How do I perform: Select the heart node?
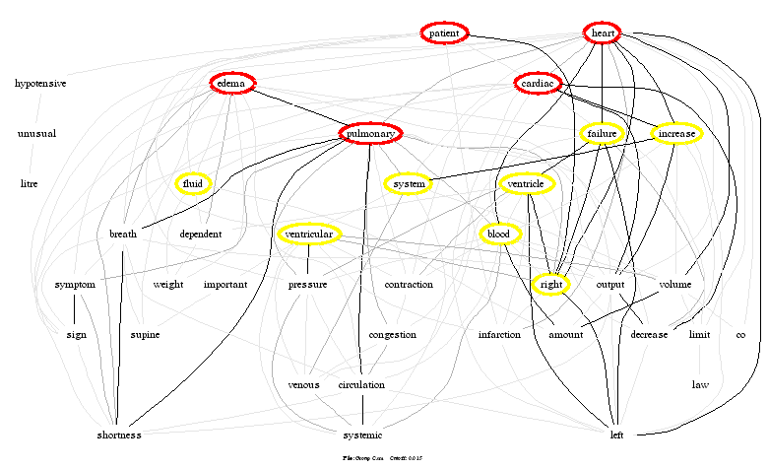(x=603, y=33)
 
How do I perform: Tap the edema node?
(x=232, y=84)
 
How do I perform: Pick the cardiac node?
(x=538, y=84)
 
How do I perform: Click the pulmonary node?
(x=370, y=134)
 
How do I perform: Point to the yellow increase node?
(x=675, y=134)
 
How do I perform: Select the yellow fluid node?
(x=193, y=184)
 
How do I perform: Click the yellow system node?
(x=408, y=184)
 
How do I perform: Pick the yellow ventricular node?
(x=309, y=234)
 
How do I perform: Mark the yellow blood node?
(x=499, y=234)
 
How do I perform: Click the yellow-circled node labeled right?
(x=552, y=285)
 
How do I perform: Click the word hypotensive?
(x=40, y=84)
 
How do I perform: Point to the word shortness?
(x=119, y=435)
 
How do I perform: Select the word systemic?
(x=362, y=435)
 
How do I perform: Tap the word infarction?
(x=499, y=335)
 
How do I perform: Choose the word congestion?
(x=392, y=335)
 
